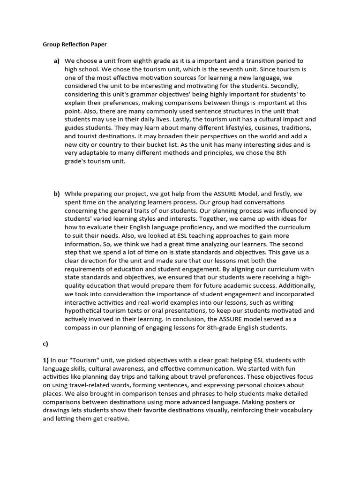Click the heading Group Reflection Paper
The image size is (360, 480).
point(75,45)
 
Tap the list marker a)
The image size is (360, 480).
point(57,61)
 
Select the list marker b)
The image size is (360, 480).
point(57,194)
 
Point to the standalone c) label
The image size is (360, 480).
point(45,344)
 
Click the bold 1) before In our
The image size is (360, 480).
point(45,360)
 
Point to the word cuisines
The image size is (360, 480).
point(252,128)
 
